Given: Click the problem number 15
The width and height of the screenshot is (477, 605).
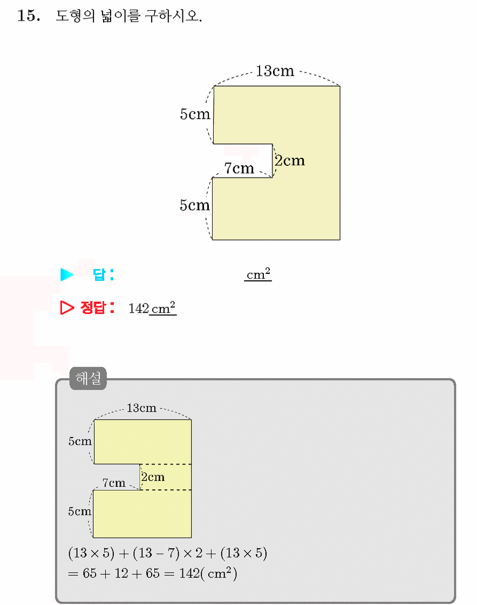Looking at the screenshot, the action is pyautogui.click(x=29, y=16).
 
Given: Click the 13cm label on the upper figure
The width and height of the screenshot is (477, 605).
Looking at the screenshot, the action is pyautogui.click(x=275, y=71).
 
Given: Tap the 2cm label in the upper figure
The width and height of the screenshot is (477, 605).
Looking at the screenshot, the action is pyautogui.click(x=290, y=160).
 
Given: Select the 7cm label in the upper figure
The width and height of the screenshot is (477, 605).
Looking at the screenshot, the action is pyautogui.click(x=239, y=168).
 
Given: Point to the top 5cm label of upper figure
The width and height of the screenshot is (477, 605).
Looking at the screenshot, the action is pyautogui.click(x=195, y=114).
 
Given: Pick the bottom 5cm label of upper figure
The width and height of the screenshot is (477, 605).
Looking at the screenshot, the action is pyautogui.click(x=195, y=205).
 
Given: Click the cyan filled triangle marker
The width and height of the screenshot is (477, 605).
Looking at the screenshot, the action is pyautogui.click(x=67, y=274).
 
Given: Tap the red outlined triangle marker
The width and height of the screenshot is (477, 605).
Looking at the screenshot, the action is pyautogui.click(x=67, y=307).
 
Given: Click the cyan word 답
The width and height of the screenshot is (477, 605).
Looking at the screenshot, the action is pyautogui.click(x=99, y=274).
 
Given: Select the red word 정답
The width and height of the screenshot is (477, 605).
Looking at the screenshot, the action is pyautogui.click(x=93, y=307).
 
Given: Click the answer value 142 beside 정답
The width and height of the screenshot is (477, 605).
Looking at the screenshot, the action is pyautogui.click(x=139, y=308).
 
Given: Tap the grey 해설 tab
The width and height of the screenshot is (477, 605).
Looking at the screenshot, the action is pyautogui.click(x=88, y=378).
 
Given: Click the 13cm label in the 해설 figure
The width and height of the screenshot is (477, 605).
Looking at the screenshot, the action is pyautogui.click(x=141, y=408).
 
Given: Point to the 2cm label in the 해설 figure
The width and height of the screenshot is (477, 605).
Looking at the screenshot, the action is pyautogui.click(x=153, y=478).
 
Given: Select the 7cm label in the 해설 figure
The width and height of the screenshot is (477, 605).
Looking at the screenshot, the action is pyautogui.click(x=114, y=483).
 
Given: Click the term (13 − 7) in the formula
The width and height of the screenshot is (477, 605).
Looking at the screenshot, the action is pyautogui.click(x=156, y=553).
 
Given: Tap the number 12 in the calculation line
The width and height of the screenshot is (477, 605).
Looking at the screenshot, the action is pyautogui.click(x=121, y=573).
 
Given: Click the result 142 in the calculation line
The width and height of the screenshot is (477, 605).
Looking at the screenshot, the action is pyautogui.click(x=189, y=573).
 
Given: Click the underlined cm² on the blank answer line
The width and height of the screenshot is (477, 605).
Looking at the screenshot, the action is pyautogui.click(x=258, y=274).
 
